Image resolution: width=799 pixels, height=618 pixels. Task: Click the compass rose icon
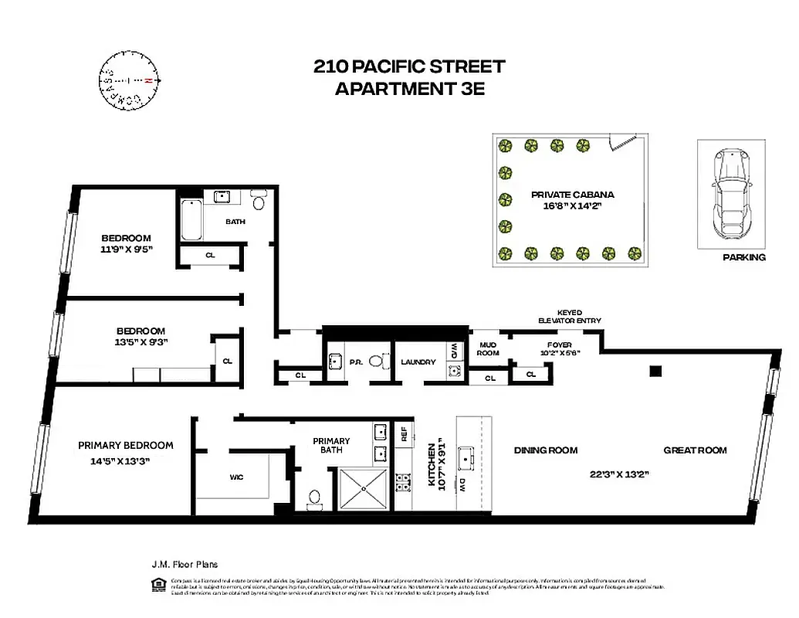click(x=129, y=80)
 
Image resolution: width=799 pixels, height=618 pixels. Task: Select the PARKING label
click(x=744, y=257)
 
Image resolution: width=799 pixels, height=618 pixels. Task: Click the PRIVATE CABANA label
click(x=572, y=195)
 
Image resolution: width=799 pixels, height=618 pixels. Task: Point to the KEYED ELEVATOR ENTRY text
click(x=570, y=317)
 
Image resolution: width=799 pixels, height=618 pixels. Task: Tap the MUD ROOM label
click(x=489, y=348)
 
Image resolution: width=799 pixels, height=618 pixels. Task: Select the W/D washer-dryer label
click(x=454, y=349)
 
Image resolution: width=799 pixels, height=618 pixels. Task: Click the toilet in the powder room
click(x=377, y=361)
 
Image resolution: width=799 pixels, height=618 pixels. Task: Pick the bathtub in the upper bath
click(x=191, y=221)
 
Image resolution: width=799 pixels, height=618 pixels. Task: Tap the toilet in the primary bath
click(x=314, y=498)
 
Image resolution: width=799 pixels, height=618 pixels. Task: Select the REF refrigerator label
click(x=403, y=435)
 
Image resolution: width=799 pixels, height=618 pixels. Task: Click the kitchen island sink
click(x=467, y=457)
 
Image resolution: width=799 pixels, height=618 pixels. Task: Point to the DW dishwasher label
click(x=461, y=485)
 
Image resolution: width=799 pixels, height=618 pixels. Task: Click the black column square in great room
click(x=655, y=371)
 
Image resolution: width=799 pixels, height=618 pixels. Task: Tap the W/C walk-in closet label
click(x=236, y=477)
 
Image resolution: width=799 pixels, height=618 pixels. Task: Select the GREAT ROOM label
click(x=695, y=450)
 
